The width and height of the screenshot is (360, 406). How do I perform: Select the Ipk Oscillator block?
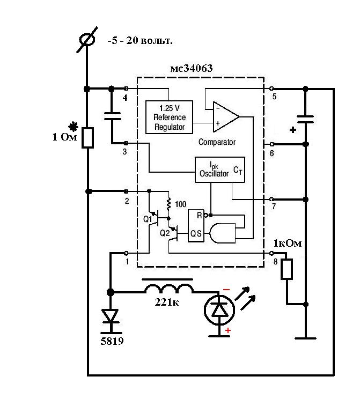(x=219, y=169)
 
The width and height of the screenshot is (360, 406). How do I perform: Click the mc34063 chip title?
(x=192, y=68)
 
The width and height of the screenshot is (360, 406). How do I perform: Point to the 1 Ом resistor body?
(x=87, y=138)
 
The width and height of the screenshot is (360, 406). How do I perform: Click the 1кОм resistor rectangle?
(x=286, y=269)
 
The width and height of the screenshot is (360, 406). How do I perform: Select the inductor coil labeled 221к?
(x=169, y=288)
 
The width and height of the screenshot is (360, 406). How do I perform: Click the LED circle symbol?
(x=219, y=309)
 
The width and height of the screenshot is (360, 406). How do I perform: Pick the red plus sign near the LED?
(x=228, y=330)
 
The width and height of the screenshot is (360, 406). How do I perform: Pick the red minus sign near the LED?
(x=226, y=290)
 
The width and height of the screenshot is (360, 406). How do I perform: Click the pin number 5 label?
(x=274, y=97)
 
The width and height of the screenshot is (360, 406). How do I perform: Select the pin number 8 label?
(x=275, y=262)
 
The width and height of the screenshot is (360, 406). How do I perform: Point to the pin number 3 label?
(x=124, y=151)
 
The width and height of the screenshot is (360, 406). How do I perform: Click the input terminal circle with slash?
(x=87, y=40)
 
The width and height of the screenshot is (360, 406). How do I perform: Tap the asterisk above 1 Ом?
(x=74, y=127)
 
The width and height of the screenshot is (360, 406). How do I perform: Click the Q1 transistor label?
(x=148, y=219)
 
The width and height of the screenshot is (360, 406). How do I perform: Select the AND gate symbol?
(x=223, y=233)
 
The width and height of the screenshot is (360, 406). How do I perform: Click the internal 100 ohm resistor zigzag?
(x=168, y=204)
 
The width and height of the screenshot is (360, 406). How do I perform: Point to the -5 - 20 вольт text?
(x=140, y=41)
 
